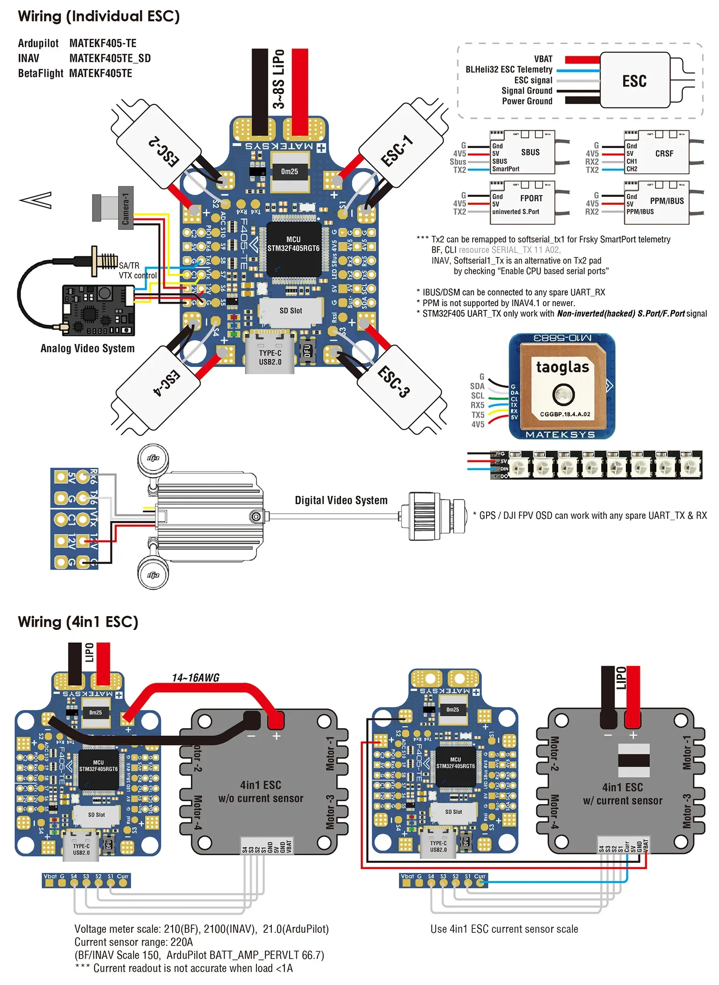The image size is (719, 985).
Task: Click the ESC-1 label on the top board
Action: (x=396, y=151)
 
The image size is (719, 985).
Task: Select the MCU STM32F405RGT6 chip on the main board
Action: (x=293, y=249)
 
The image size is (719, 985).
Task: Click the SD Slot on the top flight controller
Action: (x=290, y=311)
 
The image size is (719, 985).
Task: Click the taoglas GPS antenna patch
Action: (x=563, y=385)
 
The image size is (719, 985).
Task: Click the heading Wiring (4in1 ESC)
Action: (x=78, y=622)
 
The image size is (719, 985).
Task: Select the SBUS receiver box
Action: (x=522, y=152)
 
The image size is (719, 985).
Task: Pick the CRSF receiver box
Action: (x=657, y=152)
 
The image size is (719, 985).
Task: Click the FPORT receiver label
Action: (x=531, y=198)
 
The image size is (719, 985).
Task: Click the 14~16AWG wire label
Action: (x=196, y=677)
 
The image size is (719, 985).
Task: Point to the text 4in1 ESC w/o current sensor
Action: (x=260, y=791)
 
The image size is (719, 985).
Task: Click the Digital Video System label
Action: (x=341, y=500)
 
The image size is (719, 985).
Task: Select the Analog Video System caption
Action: (x=87, y=348)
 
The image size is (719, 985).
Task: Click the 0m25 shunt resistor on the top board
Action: (x=290, y=172)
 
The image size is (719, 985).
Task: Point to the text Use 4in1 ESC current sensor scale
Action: (x=504, y=929)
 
